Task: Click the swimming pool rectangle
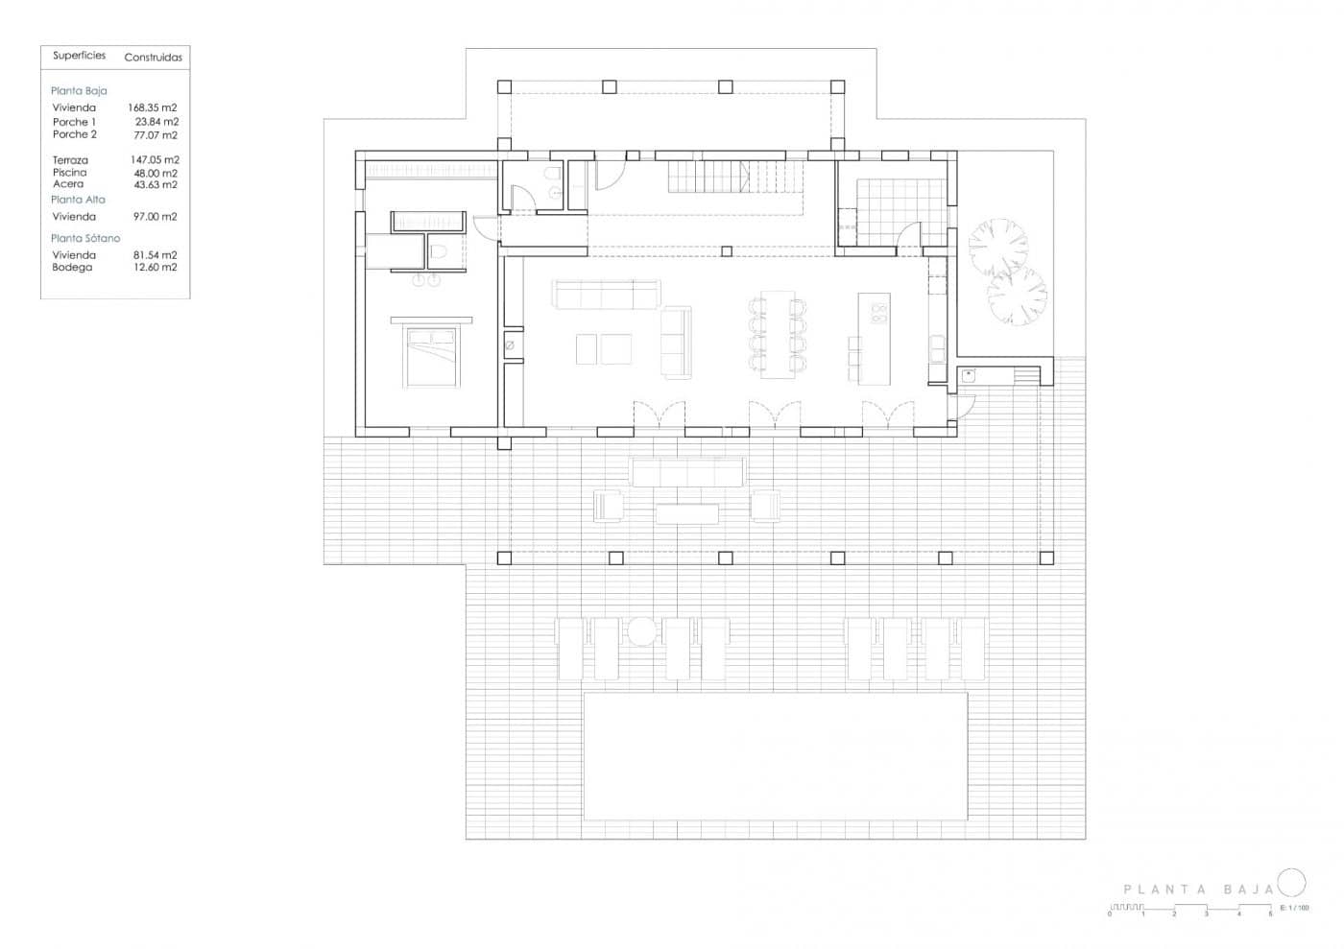[775, 756]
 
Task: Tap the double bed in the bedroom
[431, 357]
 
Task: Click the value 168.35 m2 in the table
[153, 108]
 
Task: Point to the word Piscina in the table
[70, 173]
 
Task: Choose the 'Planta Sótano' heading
[85, 238]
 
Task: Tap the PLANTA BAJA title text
[1198, 890]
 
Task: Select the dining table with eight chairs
[778, 334]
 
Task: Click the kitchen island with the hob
[875, 338]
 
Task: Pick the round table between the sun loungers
[641, 631]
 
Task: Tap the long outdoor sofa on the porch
[687, 472]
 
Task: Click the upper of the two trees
[997, 248]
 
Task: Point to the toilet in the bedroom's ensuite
[438, 253]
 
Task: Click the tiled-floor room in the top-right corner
[895, 211]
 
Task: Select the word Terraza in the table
[70, 160]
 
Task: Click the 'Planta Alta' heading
[78, 200]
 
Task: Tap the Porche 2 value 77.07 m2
[155, 135]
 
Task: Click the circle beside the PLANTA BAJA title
[1292, 882]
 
